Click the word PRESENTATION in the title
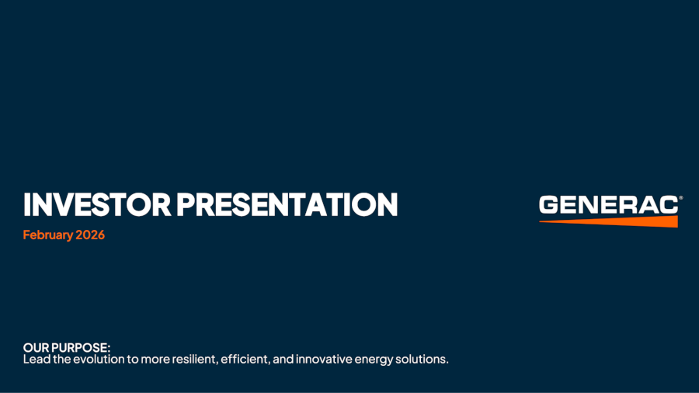coord(287,204)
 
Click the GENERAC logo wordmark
coord(608,205)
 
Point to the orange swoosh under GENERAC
coord(621,222)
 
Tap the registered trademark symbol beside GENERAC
coord(680,198)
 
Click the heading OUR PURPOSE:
coord(67,349)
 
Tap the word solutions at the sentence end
coord(423,360)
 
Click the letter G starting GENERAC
coord(549,205)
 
